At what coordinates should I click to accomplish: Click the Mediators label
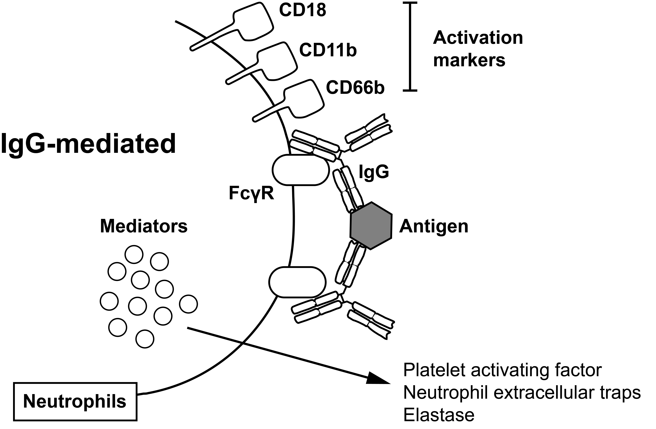click(x=144, y=226)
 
